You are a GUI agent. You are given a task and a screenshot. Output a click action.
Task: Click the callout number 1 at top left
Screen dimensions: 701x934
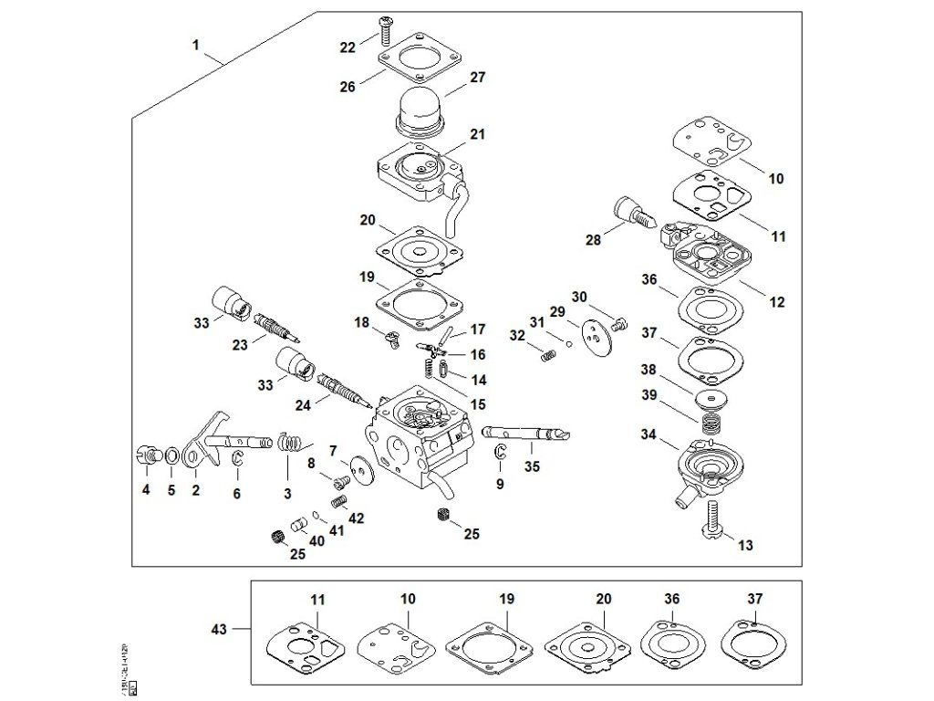click(196, 44)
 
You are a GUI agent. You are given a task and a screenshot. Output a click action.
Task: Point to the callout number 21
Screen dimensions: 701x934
click(477, 134)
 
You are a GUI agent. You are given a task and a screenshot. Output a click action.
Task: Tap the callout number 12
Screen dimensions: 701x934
click(776, 302)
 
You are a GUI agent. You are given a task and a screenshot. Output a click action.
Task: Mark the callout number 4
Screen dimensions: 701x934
click(146, 490)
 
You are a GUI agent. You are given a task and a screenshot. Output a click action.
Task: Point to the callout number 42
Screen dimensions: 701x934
click(357, 518)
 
